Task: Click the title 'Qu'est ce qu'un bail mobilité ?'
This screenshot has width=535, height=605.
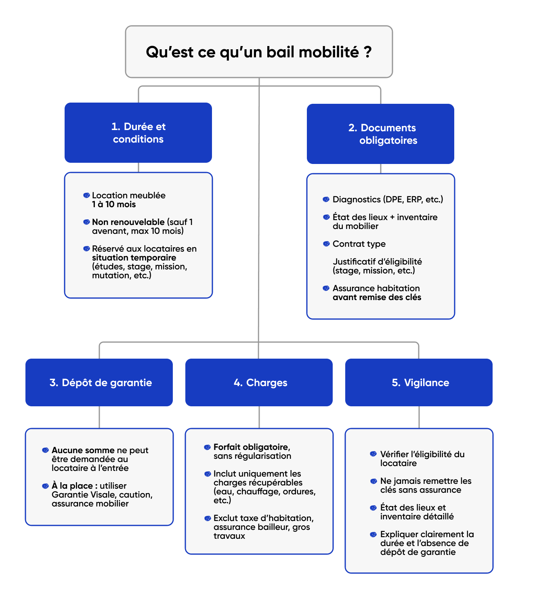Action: [x=259, y=52]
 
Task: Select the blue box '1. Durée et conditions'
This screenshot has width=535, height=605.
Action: [x=138, y=133]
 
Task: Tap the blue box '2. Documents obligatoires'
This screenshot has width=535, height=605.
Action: [x=380, y=134]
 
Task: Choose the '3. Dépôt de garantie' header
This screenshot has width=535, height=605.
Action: [x=99, y=382]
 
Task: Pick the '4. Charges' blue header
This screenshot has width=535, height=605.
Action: [x=259, y=382]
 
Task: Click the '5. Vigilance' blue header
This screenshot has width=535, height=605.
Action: [x=419, y=382]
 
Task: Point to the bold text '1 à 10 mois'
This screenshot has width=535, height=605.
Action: [x=114, y=204]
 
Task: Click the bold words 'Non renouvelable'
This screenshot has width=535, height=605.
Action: [x=128, y=222]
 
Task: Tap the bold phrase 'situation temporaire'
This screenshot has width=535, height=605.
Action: [x=134, y=258]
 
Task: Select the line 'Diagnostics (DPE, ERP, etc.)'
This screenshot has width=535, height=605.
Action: [x=388, y=200]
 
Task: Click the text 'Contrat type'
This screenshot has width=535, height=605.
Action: [x=359, y=244]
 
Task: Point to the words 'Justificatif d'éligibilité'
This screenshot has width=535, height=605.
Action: [x=377, y=262]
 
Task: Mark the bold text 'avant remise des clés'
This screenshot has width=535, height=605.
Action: [x=377, y=297]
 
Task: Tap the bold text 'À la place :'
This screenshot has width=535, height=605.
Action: [x=75, y=486]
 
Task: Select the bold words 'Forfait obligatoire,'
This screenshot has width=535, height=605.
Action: [x=252, y=447]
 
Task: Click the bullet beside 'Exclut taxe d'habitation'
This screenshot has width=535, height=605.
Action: [x=208, y=518]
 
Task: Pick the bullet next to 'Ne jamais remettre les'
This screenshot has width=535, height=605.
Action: [x=373, y=481]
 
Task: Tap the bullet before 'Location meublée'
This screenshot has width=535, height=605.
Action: [x=86, y=195]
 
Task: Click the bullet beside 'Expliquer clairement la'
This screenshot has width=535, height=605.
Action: [x=373, y=534]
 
